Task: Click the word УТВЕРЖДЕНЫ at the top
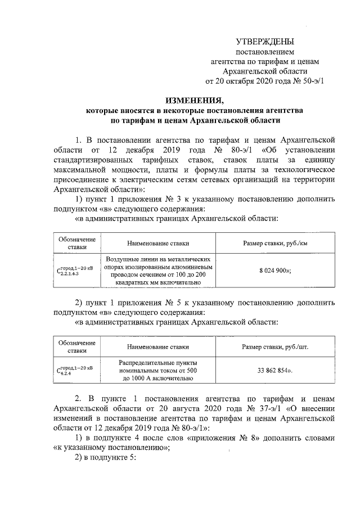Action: click(x=264, y=42)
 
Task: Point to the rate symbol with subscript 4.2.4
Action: click(x=76, y=371)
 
